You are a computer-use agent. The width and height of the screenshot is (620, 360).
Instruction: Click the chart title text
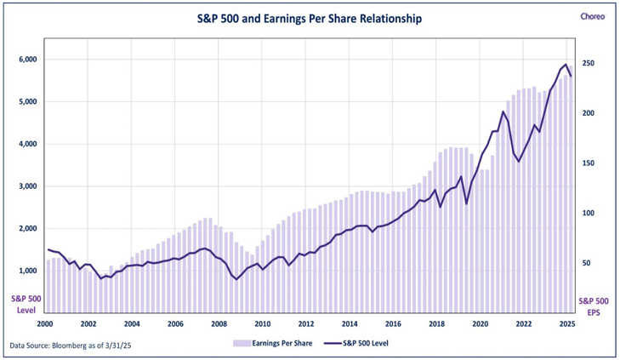[304, 17]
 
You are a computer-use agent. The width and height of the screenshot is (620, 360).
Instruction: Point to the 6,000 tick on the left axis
[26, 60]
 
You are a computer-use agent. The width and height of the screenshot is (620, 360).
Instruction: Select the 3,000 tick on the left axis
[26, 186]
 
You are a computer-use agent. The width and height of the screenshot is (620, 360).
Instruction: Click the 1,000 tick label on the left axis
[26, 271]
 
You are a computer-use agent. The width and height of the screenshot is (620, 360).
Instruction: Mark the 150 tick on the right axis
[588, 163]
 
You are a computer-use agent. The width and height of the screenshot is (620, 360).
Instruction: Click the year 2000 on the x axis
[45, 324]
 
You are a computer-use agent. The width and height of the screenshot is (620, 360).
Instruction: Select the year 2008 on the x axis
[219, 324]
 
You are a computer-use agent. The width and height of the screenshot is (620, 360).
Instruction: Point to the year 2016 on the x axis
[393, 324]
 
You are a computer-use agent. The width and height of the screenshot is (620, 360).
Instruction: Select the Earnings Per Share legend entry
[271, 343]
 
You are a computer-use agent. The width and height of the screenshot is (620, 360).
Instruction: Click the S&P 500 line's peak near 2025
[566, 64]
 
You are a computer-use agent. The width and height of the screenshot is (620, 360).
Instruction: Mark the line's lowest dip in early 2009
[236, 279]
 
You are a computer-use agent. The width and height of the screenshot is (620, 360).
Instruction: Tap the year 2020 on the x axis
[480, 324]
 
